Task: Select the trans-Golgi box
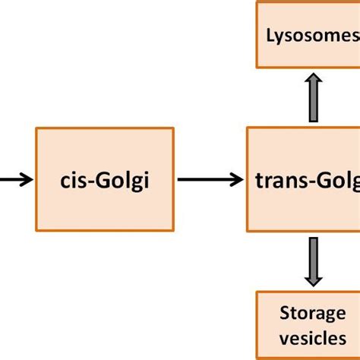pos(304,180)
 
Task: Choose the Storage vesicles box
pos(308,325)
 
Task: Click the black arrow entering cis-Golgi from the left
pos(15,180)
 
